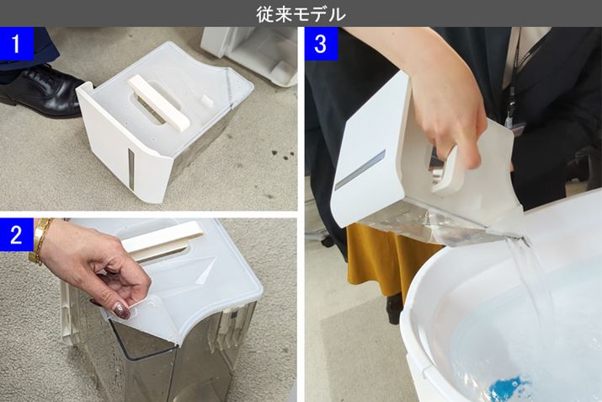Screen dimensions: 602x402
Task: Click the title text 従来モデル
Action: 301,14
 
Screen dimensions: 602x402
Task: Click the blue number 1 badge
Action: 16,44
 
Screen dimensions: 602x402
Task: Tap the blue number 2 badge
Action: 16,234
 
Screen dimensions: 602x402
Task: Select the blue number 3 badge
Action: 321,44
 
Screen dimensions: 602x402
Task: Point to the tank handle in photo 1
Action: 158,103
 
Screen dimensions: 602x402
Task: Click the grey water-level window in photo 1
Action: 131,169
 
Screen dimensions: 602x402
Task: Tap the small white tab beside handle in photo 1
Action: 207,101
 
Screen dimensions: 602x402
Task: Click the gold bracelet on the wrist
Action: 39,241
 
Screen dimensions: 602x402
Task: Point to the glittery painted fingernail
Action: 122,311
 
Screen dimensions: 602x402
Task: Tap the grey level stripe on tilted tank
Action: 360,170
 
